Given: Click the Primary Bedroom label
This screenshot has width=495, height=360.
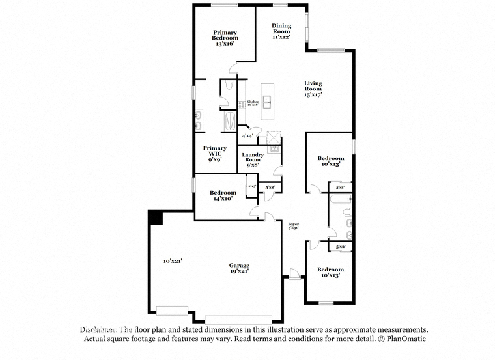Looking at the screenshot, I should [x=225, y=38].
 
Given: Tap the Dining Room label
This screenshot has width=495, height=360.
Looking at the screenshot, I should [x=281, y=31].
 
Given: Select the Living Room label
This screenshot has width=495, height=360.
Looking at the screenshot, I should [x=313, y=89].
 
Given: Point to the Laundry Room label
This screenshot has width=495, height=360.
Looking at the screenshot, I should [x=253, y=159].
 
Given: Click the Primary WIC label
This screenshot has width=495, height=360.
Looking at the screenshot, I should [x=215, y=154].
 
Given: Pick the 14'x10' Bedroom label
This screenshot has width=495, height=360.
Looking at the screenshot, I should [x=223, y=195].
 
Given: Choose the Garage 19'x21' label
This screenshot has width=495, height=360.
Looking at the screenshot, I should [x=238, y=269].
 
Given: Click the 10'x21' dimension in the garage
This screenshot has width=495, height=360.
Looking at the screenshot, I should [x=173, y=260].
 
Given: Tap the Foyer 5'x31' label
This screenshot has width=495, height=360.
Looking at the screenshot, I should [x=293, y=227].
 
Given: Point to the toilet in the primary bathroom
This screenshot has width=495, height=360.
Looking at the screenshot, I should [x=223, y=100].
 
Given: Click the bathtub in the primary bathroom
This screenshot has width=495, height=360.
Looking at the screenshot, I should [x=230, y=122].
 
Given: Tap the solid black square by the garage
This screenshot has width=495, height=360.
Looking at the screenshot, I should [x=155, y=217].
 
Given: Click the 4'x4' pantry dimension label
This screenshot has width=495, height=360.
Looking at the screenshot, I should [x=247, y=136].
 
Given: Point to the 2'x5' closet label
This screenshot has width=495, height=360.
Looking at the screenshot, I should [x=252, y=187].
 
